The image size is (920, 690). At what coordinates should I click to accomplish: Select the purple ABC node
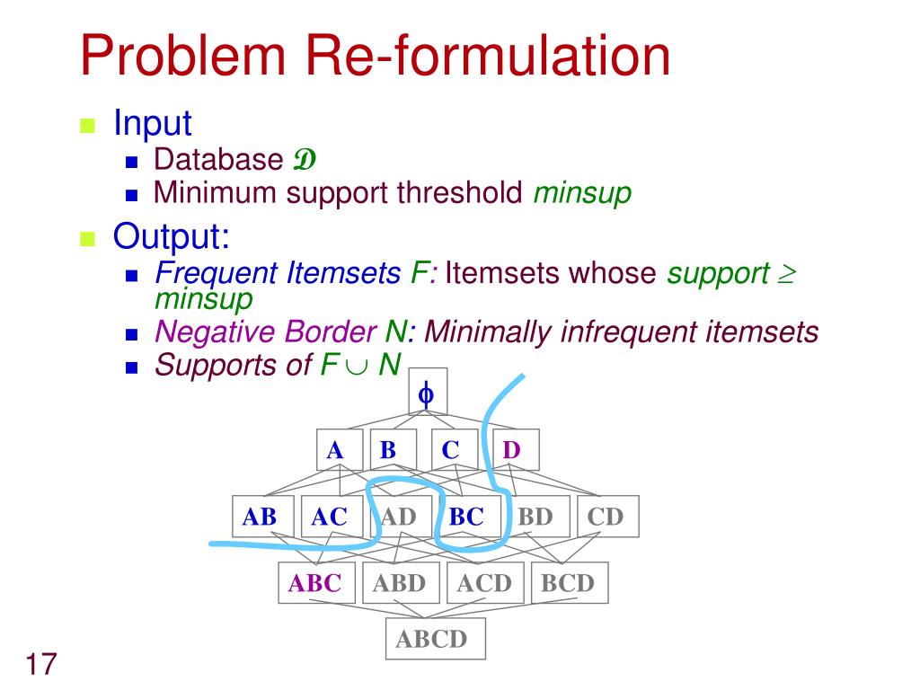click(x=315, y=583)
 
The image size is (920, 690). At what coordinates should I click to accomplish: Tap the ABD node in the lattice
click(x=399, y=583)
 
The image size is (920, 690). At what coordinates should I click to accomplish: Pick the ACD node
click(x=483, y=583)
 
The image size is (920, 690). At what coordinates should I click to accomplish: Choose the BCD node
click(x=568, y=583)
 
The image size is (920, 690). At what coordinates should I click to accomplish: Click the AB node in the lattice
click(x=260, y=517)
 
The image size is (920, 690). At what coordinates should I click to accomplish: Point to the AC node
click(x=329, y=517)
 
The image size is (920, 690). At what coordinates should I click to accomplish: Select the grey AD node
click(x=399, y=517)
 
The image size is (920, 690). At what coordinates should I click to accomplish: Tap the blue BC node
click(x=466, y=517)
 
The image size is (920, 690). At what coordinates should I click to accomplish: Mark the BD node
click(x=535, y=517)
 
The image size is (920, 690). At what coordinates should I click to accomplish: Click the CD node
click(x=606, y=517)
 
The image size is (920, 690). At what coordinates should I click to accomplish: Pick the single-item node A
click(x=336, y=450)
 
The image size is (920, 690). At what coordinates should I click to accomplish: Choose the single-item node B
click(x=388, y=450)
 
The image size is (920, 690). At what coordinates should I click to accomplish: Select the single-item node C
click(x=451, y=450)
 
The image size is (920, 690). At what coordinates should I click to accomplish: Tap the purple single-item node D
click(x=512, y=450)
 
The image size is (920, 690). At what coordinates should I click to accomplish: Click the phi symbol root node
click(x=427, y=394)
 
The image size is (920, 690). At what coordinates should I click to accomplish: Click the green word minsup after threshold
click(x=582, y=192)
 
